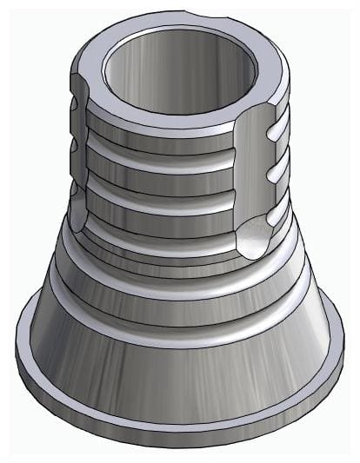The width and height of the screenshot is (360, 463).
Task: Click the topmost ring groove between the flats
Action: click(161, 149)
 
